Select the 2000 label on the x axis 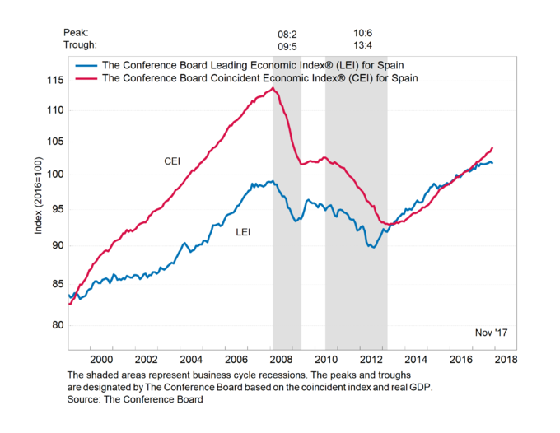tap(100, 359)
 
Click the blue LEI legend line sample tap(85, 64)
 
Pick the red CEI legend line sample tap(85, 77)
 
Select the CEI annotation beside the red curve tap(173, 161)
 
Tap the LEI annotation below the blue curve tap(243, 232)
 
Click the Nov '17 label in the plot tap(492, 333)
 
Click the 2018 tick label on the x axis tap(506, 359)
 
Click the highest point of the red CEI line tap(274, 87)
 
